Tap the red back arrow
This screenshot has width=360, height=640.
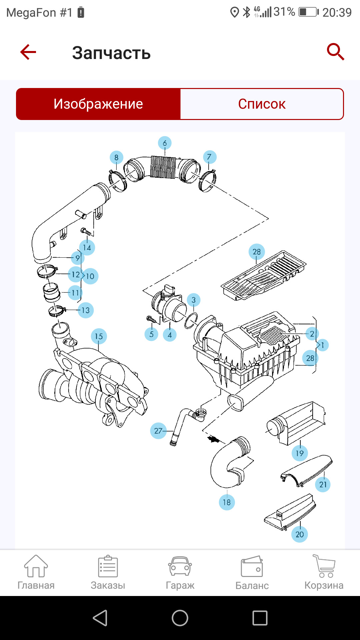click(x=28, y=52)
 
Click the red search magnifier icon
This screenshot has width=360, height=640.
click(x=335, y=52)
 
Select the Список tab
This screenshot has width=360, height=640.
click(x=262, y=104)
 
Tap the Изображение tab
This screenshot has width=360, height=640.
click(x=98, y=104)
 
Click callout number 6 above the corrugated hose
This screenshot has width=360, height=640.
click(x=165, y=143)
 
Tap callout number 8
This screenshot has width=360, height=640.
click(x=116, y=158)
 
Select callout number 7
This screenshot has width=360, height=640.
click(x=209, y=157)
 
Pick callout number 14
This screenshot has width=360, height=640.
click(x=87, y=248)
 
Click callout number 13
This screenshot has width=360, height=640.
click(x=86, y=310)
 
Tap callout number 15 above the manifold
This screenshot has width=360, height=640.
click(x=99, y=336)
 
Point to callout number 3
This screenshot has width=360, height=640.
click(x=193, y=300)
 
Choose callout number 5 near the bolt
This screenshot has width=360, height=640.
click(x=151, y=334)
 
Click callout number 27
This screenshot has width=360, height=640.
click(x=158, y=431)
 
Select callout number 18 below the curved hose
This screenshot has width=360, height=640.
click(x=227, y=502)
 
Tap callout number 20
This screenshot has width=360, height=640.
click(x=300, y=534)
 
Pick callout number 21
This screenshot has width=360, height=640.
click(x=323, y=484)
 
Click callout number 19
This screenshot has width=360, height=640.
click(x=299, y=453)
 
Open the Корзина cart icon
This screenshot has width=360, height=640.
click(x=324, y=567)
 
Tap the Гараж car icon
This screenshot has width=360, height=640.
click(x=180, y=567)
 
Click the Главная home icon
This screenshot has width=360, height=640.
click(x=36, y=567)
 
